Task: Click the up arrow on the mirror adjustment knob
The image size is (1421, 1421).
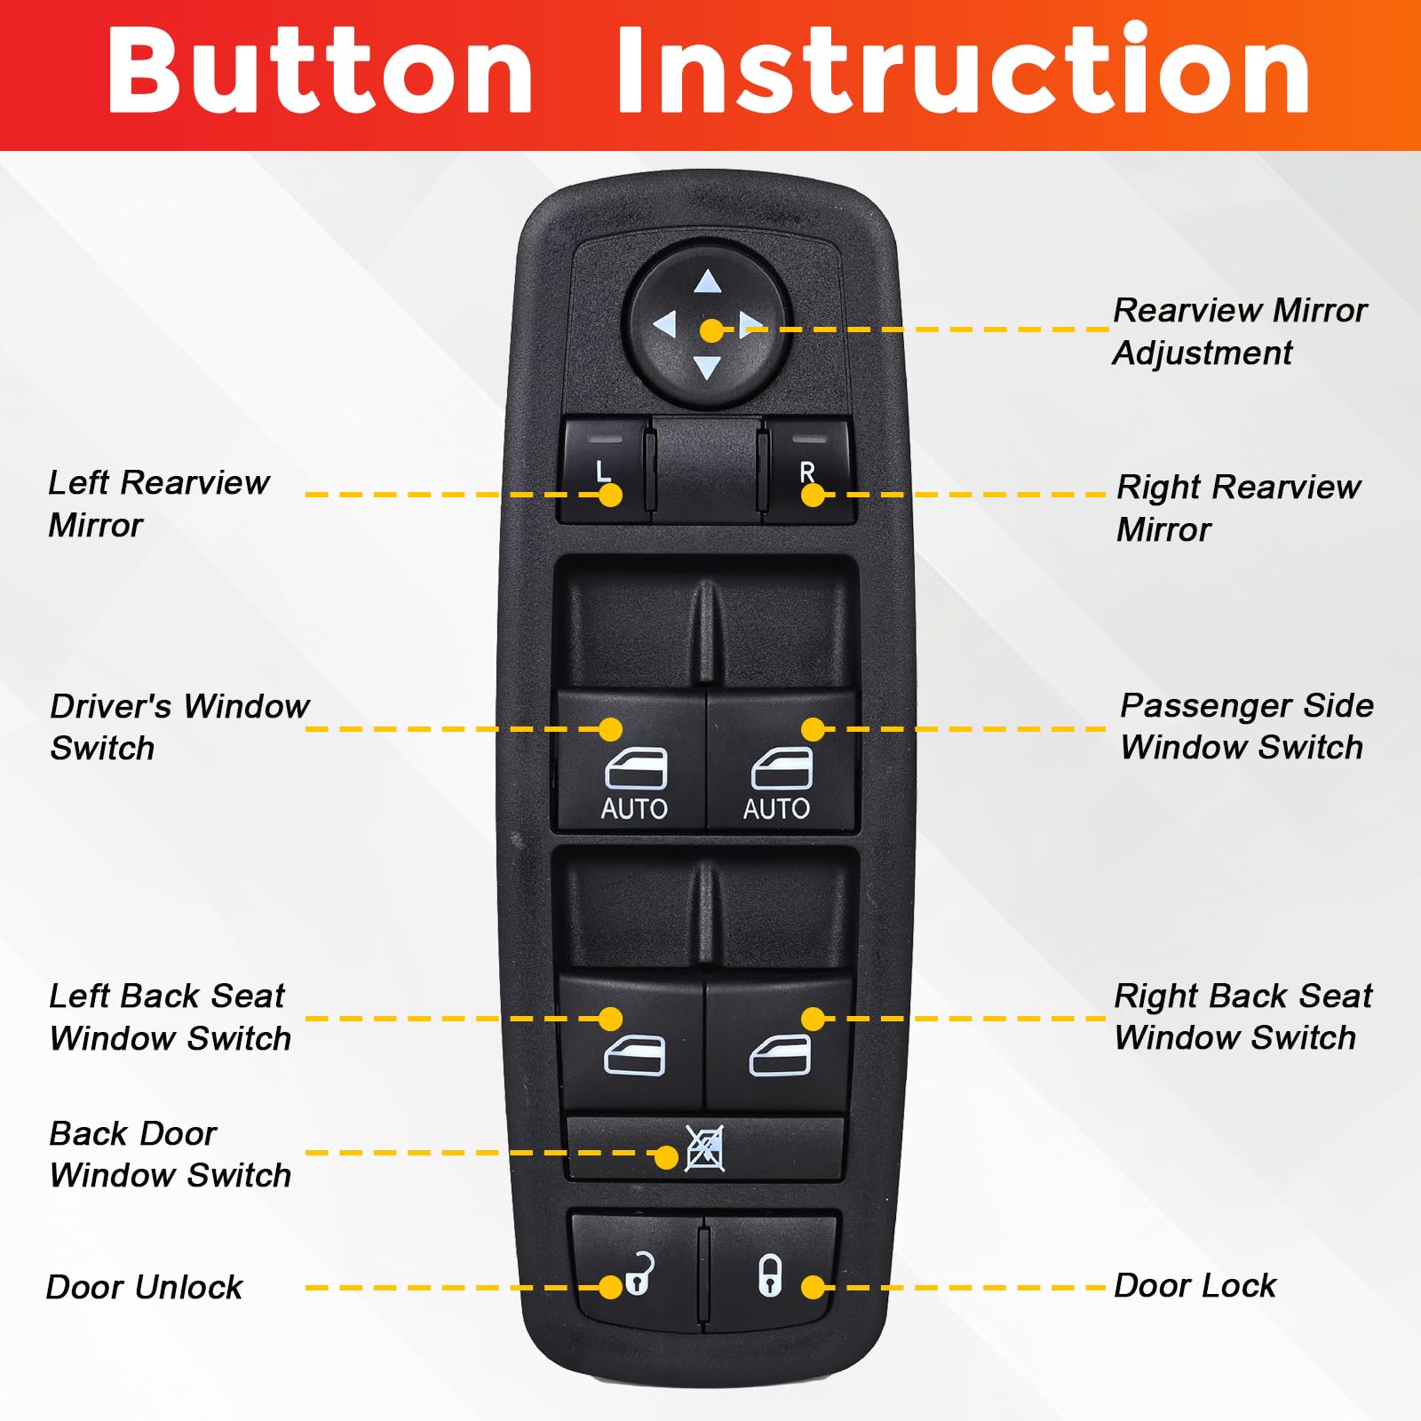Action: (708, 282)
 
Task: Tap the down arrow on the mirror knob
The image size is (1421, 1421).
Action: (707, 366)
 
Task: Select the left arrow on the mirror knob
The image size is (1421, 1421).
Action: (665, 325)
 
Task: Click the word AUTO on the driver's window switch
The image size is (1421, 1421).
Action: (634, 808)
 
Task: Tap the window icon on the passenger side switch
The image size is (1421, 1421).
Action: (782, 768)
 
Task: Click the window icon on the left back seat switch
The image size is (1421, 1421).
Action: (634, 1055)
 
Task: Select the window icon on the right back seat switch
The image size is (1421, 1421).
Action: (781, 1055)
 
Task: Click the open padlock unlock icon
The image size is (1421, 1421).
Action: (640, 1274)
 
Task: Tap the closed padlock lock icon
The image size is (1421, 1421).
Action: (770, 1274)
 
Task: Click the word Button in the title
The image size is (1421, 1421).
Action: (320, 70)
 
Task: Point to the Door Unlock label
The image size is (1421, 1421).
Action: (144, 1287)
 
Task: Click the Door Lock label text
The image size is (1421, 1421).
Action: (1195, 1285)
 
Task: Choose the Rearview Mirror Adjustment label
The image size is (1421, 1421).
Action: (1240, 331)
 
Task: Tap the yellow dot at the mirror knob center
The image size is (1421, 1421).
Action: (711, 330)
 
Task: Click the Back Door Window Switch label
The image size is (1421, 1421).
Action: (170, 1154)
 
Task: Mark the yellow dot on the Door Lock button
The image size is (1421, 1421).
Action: (813, 1287)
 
